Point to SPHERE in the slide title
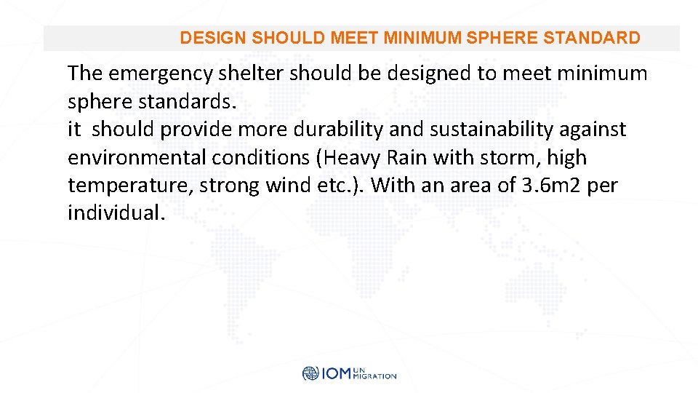pos(502,38)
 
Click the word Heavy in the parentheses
pos(354,158)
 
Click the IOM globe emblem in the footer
pos(310,374)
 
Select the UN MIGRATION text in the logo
pos(374,374)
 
